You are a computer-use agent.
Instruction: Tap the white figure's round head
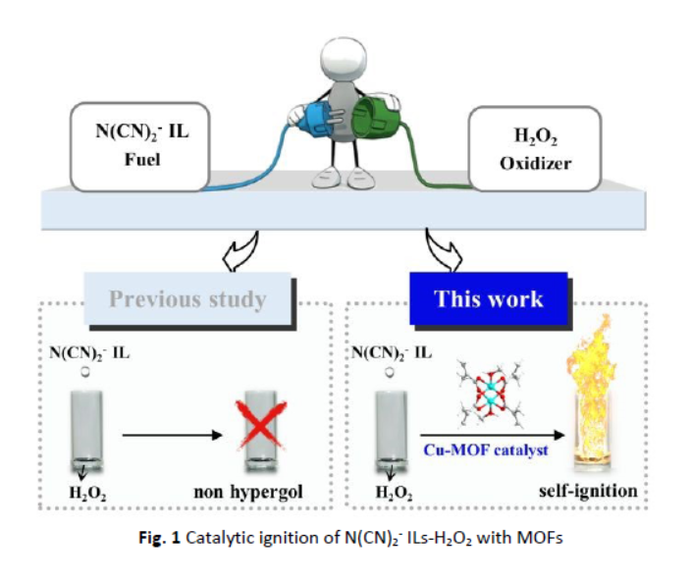[x=344, y=48]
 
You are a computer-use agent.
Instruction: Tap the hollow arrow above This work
[x=444, y=252]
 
